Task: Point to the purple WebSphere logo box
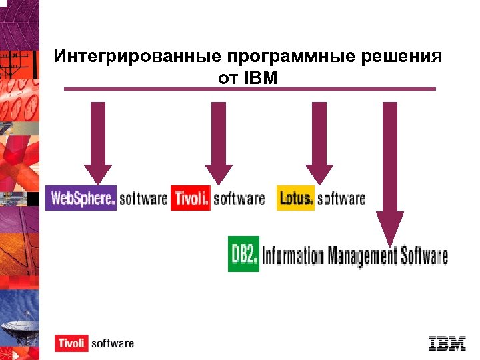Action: tap(81, 198)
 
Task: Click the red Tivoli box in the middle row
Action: tap(191, 198)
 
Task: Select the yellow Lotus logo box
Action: tap(295, 198)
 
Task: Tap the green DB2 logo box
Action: tap(243, 254)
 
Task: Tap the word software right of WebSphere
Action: tap(143, 198)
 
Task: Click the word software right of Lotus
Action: tap(341, 198)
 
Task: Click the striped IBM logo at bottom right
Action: tap(447, 342)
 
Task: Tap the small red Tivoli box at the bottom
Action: tap(71, 343)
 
